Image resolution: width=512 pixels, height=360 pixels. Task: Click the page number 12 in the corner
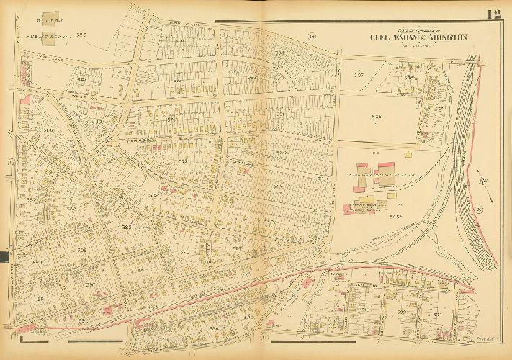pos(493,14)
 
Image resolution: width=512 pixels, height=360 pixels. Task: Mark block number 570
pos(184,252)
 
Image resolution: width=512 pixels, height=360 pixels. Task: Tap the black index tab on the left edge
pos(3,256)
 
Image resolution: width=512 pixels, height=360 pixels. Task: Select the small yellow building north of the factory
pos(408,153)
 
